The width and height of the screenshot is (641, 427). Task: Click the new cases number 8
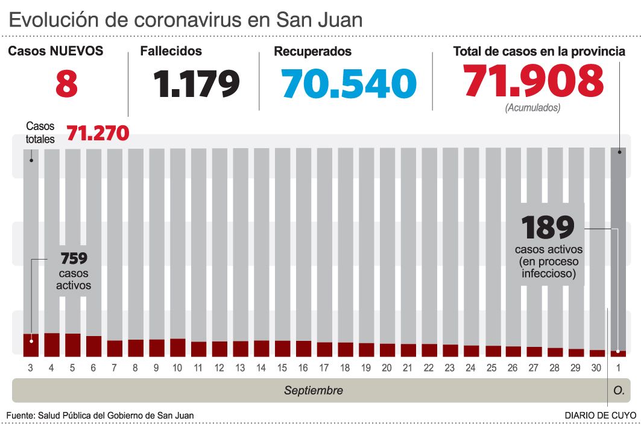coord(66,84)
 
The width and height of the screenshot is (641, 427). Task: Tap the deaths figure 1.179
coord(197,84)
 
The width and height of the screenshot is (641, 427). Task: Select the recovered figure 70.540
coord(349,84)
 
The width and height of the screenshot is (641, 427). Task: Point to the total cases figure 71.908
coord(534,81)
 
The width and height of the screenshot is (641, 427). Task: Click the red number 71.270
coord(98,133)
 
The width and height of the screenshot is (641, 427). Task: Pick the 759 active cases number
coord(74,259)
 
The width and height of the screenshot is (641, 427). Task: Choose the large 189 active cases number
coord(548,228)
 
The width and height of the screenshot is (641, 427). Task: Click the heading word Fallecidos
coord(171,52)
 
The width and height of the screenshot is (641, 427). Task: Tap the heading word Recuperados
coord(312,52)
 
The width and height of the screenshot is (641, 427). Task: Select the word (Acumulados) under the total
coord(533,108)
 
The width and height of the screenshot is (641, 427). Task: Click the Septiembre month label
coord(313,390)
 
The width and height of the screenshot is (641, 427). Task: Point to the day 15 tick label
coord(282,367)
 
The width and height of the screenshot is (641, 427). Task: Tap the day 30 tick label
coord(596,367)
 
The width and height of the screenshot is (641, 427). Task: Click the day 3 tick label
coord(31,367)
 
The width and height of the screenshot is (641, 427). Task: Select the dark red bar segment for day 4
coord(52,344)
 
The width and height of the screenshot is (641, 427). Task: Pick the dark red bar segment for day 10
coord(177,347)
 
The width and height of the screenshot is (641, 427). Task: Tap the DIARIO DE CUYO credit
coord(600,416)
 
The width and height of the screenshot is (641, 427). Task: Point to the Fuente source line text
coord(100,416)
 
